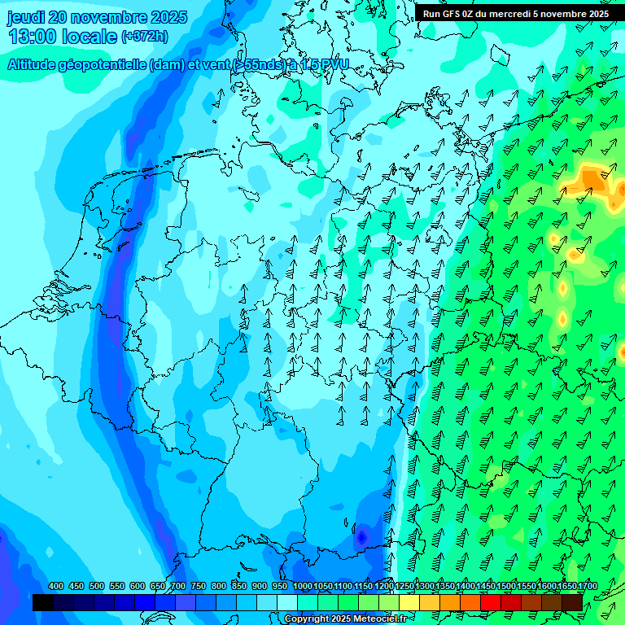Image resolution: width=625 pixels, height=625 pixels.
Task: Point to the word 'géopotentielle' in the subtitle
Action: (105, 64)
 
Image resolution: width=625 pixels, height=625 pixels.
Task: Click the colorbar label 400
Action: (56, 586)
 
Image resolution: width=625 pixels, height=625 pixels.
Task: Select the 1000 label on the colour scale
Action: (303, 586)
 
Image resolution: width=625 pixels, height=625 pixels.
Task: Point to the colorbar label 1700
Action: (566, 586)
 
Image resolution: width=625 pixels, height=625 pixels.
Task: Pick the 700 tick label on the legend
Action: (178, 586)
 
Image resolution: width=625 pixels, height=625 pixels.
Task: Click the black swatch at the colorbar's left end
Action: (43, 602)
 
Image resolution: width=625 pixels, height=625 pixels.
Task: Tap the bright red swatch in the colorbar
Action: (491, 602)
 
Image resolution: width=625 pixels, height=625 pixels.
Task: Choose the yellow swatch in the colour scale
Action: (409, 602)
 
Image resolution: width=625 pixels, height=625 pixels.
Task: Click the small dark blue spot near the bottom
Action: (361, 537)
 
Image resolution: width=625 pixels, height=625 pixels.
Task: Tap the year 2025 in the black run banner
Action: (593, 14)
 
